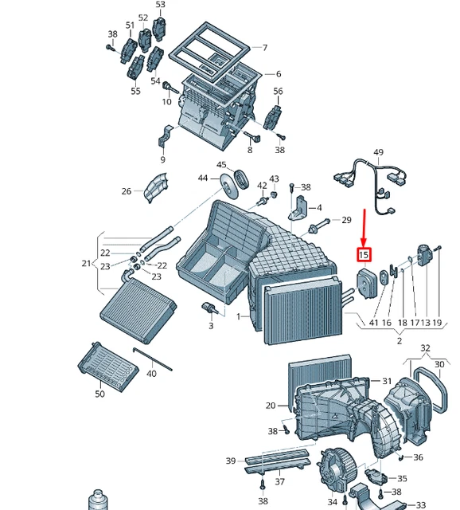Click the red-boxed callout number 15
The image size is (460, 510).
(x=364, y=255)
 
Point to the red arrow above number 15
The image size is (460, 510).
(x=364, y=228)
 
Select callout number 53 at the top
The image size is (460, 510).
(x=160, y=6)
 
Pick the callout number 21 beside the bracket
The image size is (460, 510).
(x=86, y=264)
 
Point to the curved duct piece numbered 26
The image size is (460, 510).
(x=155, y=187)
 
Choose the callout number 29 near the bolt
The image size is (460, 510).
(x=346, y=220)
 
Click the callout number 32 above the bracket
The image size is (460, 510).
(x=425, y=348)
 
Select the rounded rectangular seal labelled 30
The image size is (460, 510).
(x=431, y=391)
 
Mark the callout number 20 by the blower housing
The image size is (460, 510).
(x=270, y=406)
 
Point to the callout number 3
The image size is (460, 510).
(x=211, y=326)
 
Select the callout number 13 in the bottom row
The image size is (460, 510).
(x=426, y=323)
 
